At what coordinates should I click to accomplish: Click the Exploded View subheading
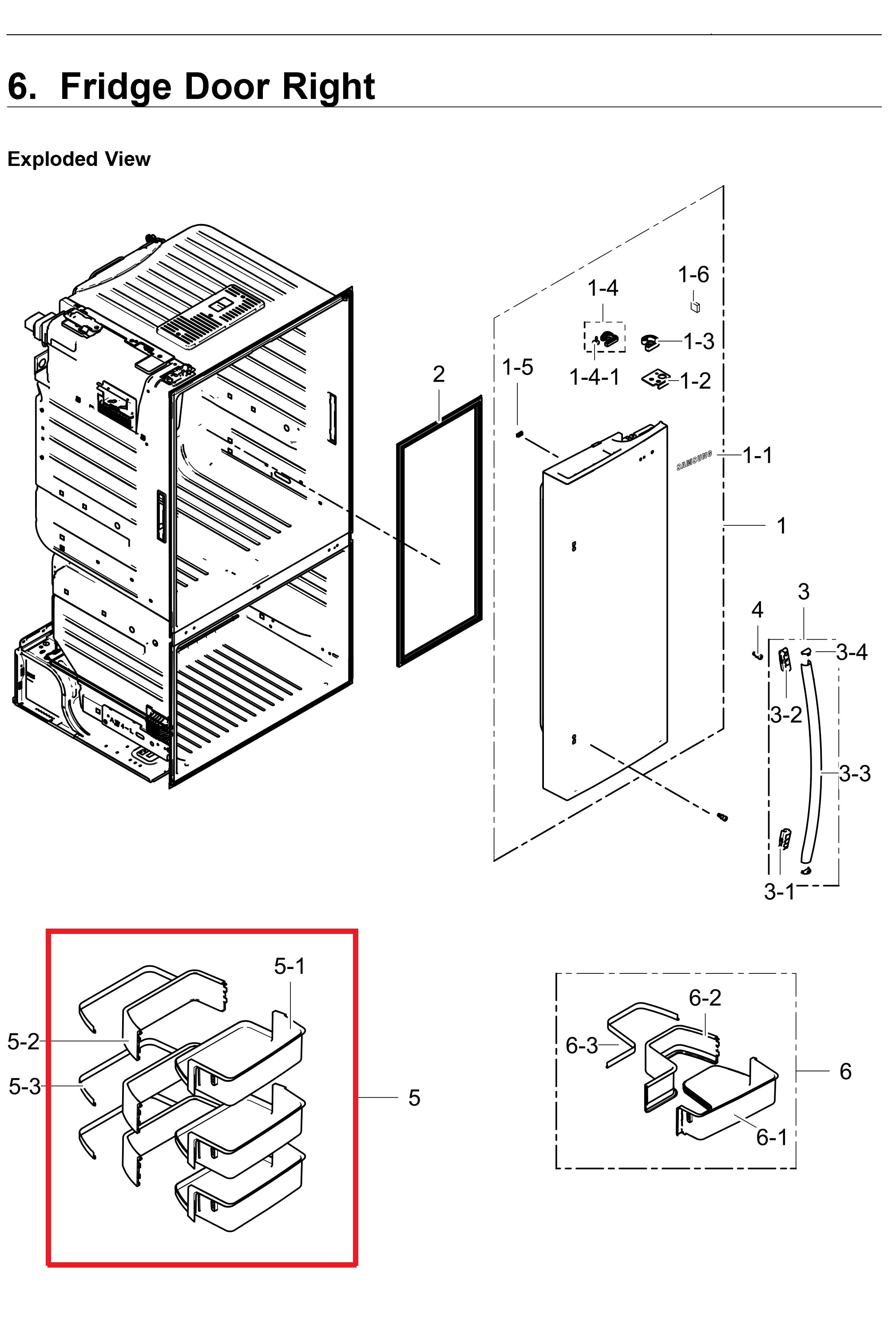79,159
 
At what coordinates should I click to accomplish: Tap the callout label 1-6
693,275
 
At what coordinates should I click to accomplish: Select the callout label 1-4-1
594,377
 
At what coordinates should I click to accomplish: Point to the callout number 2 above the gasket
439,374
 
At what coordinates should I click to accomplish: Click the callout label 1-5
518,367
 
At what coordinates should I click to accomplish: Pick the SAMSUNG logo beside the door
694,461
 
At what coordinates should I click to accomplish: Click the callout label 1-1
757,455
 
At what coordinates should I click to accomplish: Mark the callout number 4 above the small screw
757,610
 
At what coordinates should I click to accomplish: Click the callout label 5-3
25,1087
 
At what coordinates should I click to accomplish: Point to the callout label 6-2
705,998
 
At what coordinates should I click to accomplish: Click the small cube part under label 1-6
695,307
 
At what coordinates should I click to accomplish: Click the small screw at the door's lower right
722,817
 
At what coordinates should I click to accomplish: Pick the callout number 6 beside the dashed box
845,1071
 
